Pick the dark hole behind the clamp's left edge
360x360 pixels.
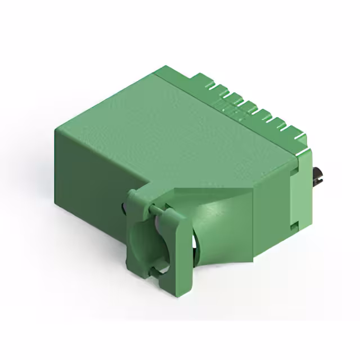pyautogui.click(x=123, y=211)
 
